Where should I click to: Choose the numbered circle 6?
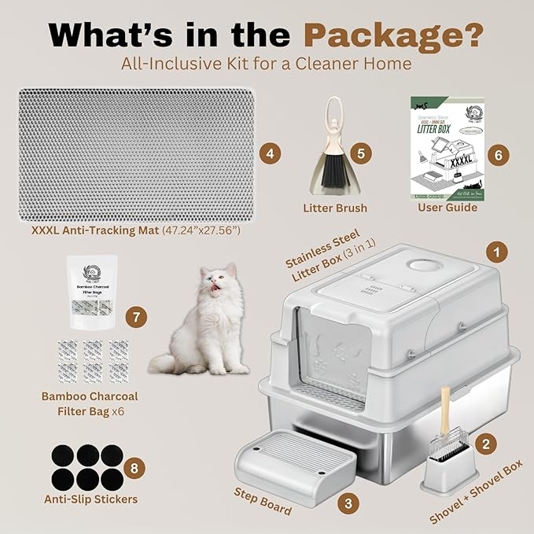point(496,154)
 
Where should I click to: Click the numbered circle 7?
point(137,318)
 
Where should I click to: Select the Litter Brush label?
point(334,208)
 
